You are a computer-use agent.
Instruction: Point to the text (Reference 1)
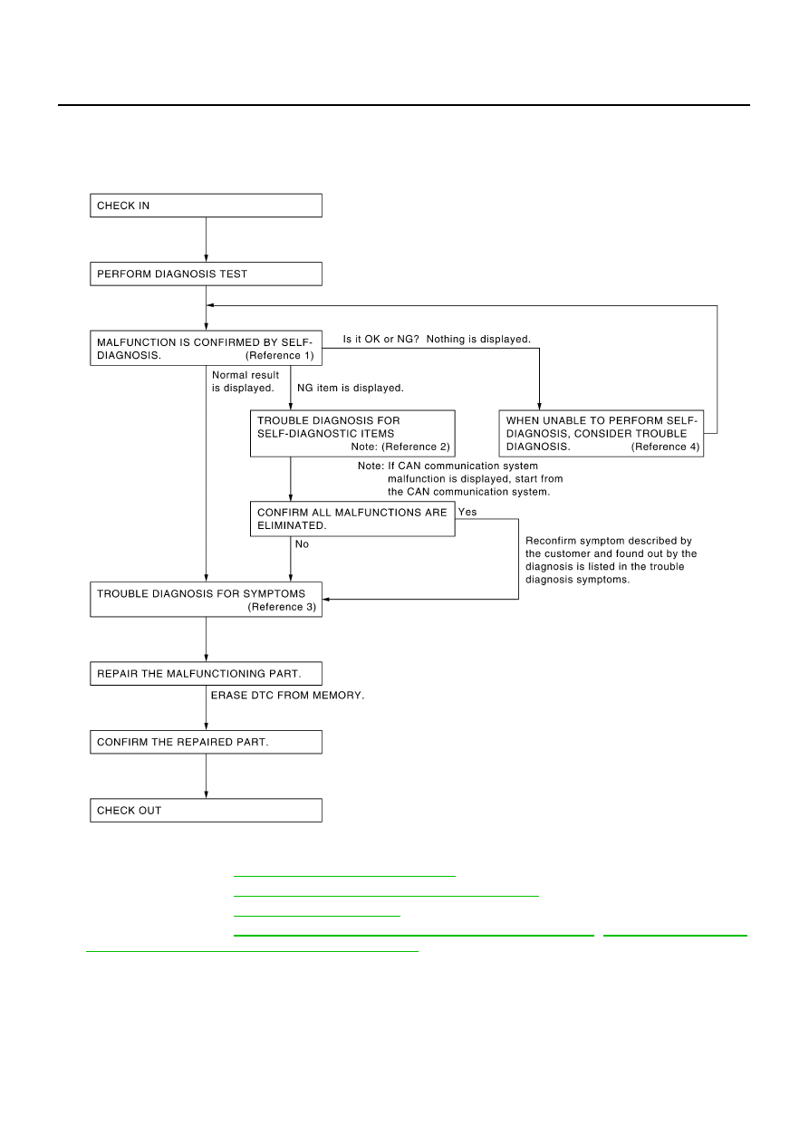(x=279, y=355)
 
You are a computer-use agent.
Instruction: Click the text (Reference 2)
(x=416, y=447)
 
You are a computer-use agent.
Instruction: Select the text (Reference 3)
(x=282, y=607)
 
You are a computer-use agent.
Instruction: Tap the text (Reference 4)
(x=666, y=447)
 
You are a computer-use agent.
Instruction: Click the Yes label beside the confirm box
(x=467, y=512)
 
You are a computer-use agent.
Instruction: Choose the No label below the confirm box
(x=302, y=543)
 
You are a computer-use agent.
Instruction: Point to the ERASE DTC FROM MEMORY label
(x=287, y=695)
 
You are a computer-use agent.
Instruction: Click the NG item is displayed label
(x=351, y=388)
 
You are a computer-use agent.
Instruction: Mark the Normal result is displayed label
(x=246, y=381)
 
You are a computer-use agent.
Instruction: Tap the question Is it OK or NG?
(x=380, y=339)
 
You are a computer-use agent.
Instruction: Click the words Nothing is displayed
(x=478, y=339)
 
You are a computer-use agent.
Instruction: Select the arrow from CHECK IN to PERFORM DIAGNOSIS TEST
(x=207, y=239)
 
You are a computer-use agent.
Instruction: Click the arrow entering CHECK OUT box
(x=207, y=775)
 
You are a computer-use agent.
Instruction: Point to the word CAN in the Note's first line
(x=409, y=466)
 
